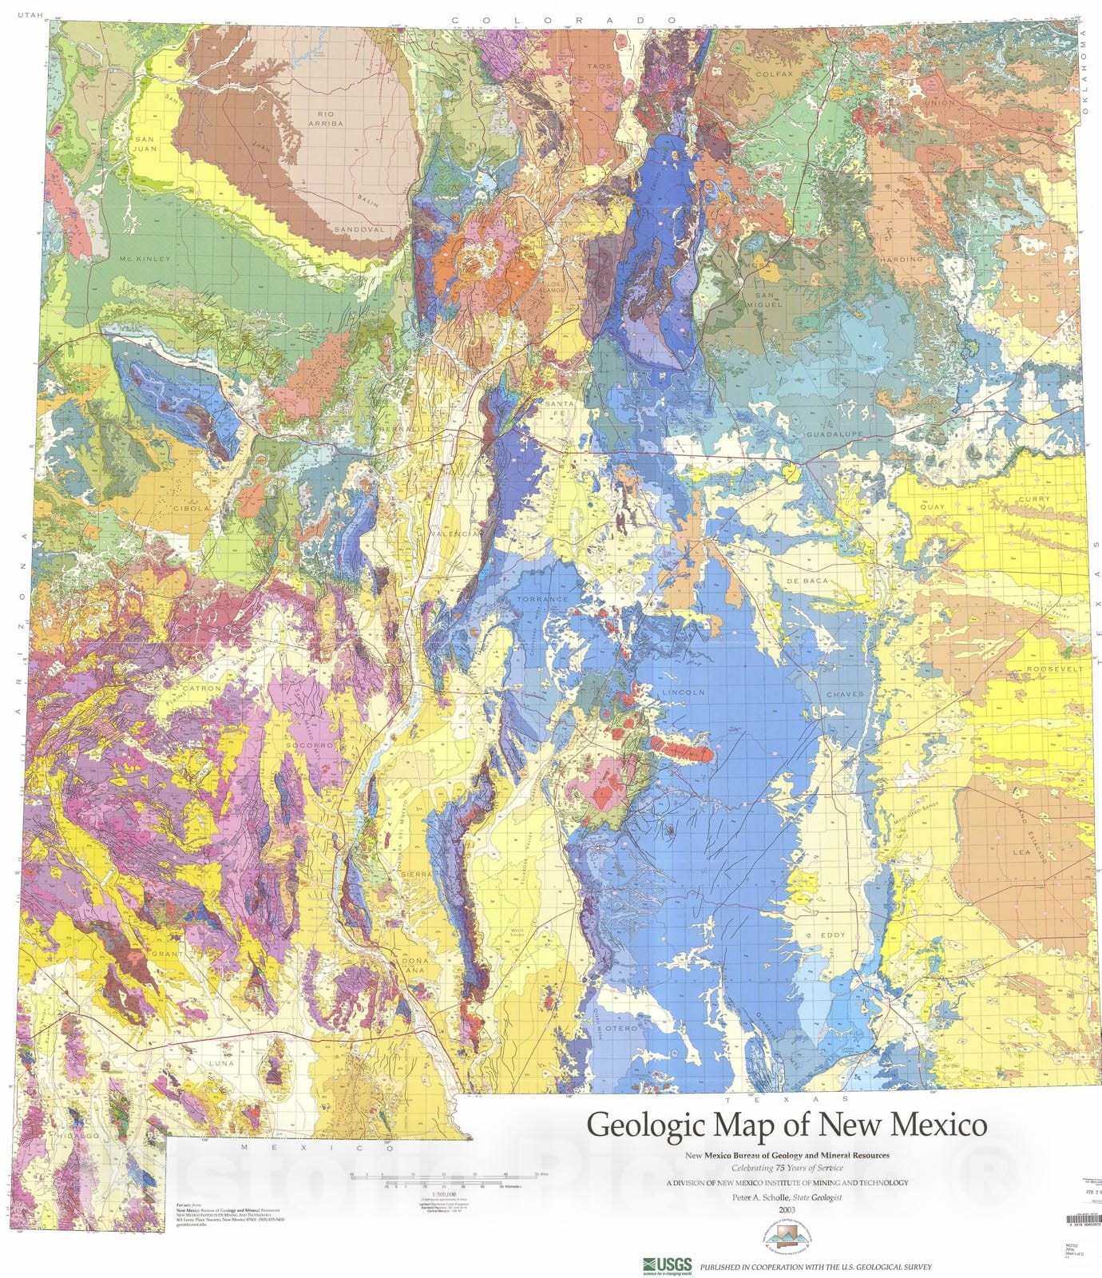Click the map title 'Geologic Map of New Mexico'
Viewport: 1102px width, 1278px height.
[787, 1125]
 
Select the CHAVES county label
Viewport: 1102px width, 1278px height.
[845, 694]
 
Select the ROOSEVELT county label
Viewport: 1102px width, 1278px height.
[1055, 668]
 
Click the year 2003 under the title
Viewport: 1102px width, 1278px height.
[787, 1209]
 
